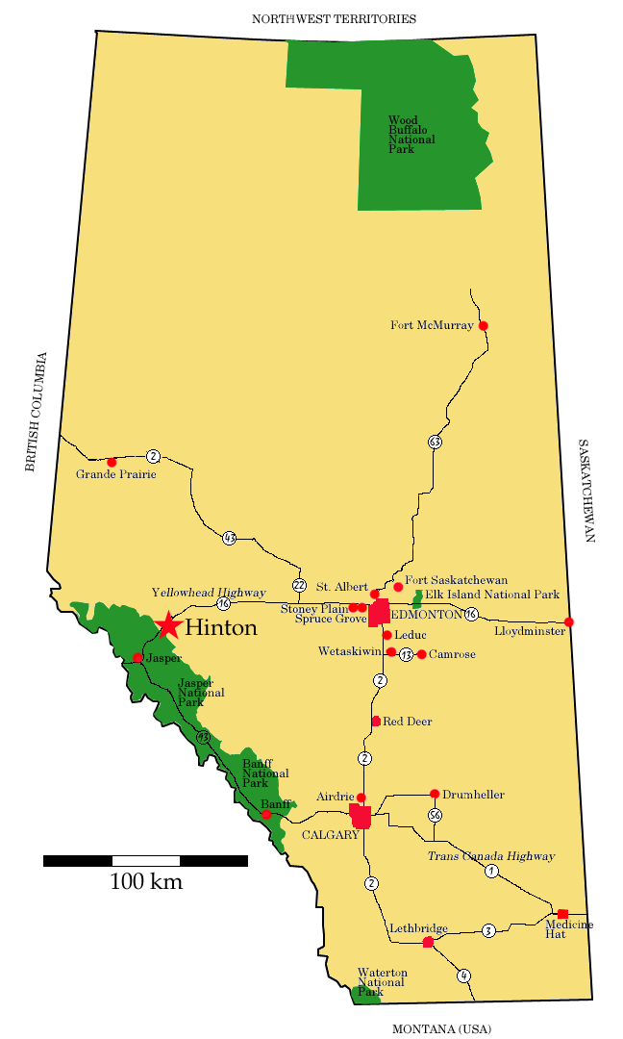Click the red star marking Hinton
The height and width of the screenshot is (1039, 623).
click(x=169, y=625)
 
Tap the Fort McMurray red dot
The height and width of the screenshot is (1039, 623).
click(x=483, y=326)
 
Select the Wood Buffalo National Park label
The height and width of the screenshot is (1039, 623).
click(x=411, y=135)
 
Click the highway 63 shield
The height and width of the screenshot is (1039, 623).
click(x=435, y=442)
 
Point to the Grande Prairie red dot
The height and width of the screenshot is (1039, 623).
click(x=112, y=463)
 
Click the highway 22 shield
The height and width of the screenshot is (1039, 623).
click(x=299, y=585)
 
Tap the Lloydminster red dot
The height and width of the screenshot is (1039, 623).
click(x=569, y=621)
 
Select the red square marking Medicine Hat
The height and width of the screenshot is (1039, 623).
click(x=562, y=913)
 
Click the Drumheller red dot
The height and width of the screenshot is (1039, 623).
click(x=435, y=794)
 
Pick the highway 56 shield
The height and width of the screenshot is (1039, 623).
click(x=435, y=815)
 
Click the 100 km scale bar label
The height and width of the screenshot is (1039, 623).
click(x=146, y=881)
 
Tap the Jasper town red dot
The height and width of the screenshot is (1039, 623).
click(x=137, y=658)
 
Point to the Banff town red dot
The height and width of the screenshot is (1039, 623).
click(x=266, y=814)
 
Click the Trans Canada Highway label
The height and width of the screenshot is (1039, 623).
click(x=490, y=855)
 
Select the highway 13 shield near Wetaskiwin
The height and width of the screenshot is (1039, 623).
click(x=407, y=654)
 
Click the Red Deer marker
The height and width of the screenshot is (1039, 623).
click(x=376, y=721)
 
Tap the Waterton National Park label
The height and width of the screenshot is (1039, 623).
click(x=382, y=982)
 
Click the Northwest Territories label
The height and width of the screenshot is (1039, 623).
click(x=334, y=18)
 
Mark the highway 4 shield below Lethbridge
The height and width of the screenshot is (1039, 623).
click(x=463, y=975)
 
